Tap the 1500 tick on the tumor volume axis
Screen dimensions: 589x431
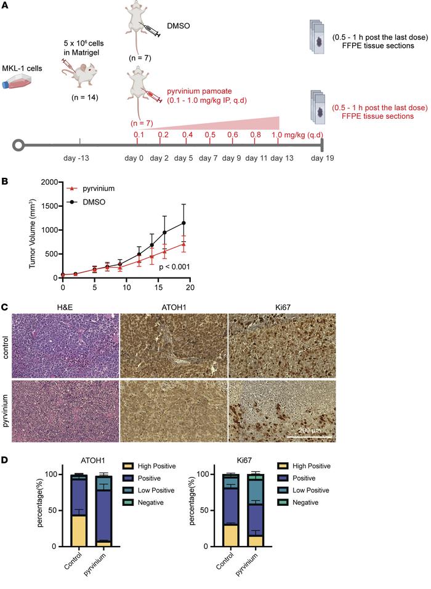(x=50, y=206)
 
